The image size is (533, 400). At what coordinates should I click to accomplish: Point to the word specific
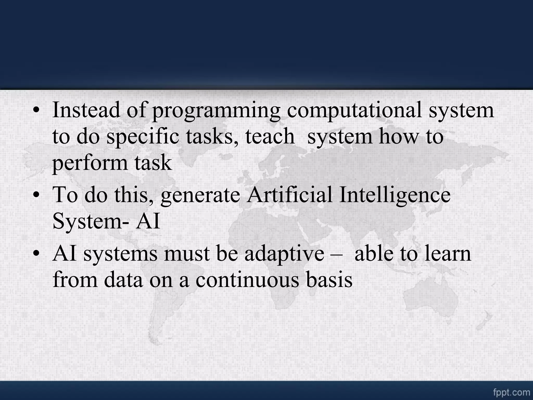pos(143,137)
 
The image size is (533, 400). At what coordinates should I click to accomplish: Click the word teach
pos(270,136)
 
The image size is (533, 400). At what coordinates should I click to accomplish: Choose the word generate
pos(200,196)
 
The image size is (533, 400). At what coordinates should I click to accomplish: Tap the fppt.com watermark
pos(511,392)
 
